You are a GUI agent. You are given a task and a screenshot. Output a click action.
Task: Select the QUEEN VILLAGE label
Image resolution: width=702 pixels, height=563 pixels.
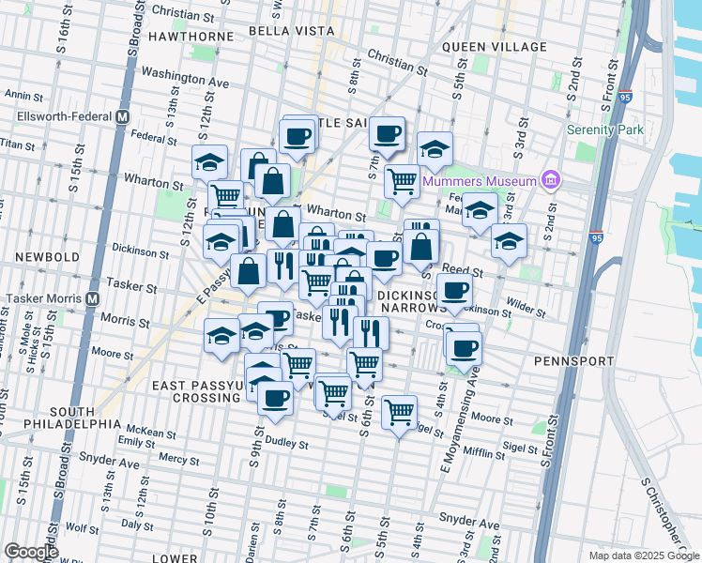click(x=494, y=47)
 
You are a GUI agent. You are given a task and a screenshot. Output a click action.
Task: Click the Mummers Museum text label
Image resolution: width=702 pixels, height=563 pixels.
click(x=479, y=180)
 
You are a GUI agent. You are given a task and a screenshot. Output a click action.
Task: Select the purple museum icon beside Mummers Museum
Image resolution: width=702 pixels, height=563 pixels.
click(x=551, y=180)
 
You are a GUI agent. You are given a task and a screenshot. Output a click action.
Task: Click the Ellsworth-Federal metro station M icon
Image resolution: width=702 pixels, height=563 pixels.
click(x=121, y=117)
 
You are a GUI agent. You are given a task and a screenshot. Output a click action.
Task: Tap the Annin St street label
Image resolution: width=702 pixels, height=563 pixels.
click(x=19, y=95)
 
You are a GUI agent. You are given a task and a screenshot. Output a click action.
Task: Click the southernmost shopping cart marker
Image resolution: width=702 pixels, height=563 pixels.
click(x=400, y=410)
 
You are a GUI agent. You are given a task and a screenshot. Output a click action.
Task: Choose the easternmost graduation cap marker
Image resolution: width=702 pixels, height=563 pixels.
click(x=509, y=239)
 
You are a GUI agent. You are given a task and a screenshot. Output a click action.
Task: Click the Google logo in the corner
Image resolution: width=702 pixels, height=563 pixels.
click(x=32, y=552)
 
